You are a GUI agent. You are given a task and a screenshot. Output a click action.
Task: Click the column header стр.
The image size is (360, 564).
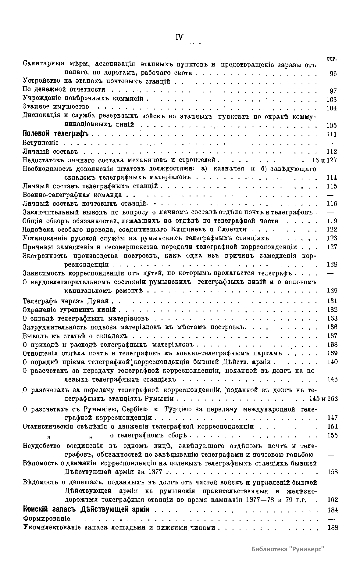331,59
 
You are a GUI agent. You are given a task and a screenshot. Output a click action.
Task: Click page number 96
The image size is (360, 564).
333,74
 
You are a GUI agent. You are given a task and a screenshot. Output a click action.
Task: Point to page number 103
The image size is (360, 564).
331,99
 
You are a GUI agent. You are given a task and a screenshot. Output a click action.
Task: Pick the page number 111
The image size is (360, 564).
331,134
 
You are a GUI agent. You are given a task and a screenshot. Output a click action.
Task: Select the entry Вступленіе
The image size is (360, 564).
41,143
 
